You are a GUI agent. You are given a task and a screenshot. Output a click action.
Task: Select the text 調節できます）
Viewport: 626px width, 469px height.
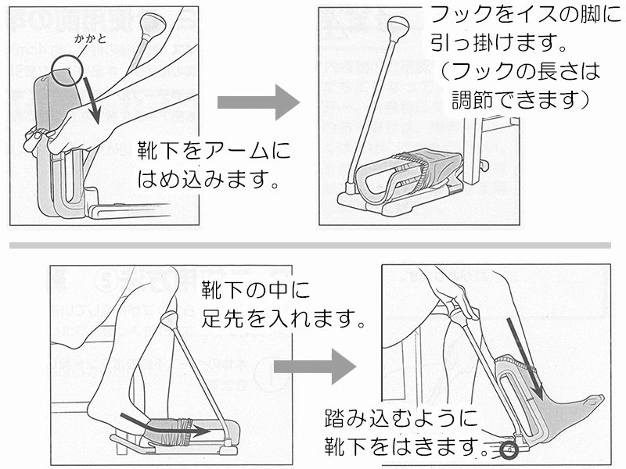pyautogui.click(x=520, y=100)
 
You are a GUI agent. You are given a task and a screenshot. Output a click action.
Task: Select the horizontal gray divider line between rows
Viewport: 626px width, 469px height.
pyautogui.click(x=313, y=245)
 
